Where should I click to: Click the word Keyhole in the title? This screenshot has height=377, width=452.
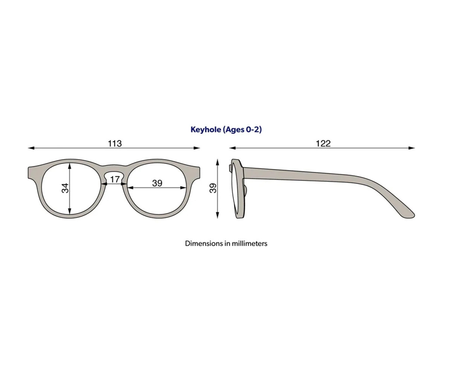(206, 130)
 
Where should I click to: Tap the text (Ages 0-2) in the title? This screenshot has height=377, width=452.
(242, 130)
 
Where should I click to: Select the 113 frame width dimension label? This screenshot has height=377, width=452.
(115, 143)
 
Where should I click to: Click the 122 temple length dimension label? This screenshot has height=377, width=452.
(323, 143)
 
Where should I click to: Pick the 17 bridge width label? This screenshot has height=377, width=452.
(115, 179)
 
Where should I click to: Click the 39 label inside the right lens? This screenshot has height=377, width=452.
(157, 183)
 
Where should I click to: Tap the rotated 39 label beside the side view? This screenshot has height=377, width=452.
(213, 188)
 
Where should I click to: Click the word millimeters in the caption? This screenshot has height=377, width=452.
(250, 244)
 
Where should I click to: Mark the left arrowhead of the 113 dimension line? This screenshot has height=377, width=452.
(31, 148)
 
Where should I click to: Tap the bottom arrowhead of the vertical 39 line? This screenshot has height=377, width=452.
(217, 216)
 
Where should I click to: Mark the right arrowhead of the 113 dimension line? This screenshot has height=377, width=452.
(197, 148)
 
